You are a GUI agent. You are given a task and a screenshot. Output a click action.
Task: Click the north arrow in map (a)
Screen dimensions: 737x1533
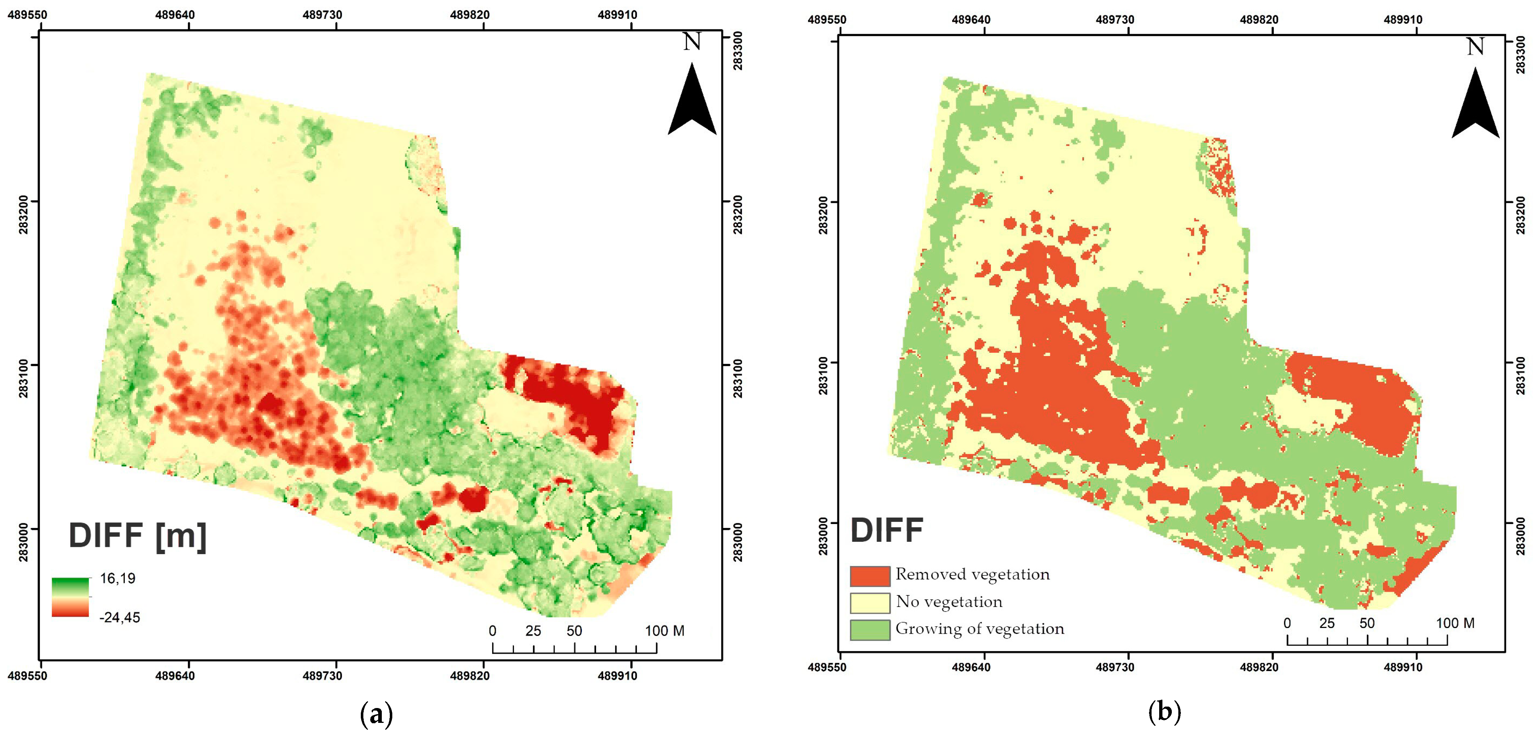692,101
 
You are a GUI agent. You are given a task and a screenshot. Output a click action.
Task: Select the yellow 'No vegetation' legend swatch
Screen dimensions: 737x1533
869,603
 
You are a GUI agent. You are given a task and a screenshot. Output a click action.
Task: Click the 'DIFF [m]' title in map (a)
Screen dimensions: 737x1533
138,536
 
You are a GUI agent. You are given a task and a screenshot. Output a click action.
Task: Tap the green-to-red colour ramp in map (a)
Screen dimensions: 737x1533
70,597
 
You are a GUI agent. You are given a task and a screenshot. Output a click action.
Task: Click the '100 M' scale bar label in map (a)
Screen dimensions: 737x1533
665,631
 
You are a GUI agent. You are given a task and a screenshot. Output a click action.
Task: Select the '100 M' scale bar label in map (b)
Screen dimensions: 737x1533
1455,623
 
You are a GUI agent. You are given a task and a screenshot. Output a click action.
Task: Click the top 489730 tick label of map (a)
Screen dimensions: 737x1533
322,15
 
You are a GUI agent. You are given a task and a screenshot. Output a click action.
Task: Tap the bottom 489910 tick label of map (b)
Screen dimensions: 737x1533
1403,667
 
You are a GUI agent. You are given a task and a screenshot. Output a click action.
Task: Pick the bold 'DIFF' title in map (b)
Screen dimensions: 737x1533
886,530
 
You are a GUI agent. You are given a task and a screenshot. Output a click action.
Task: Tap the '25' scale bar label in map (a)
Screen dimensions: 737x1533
533,631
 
